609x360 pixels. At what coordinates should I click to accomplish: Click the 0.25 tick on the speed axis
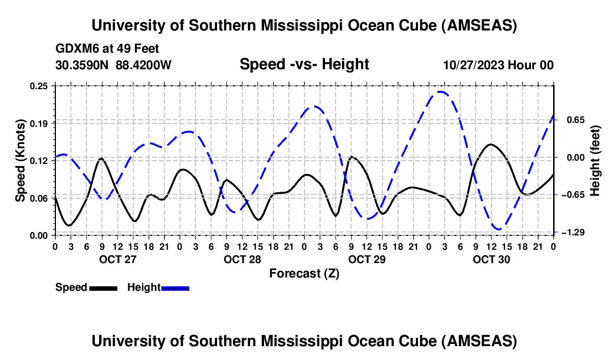(x=39, y=86)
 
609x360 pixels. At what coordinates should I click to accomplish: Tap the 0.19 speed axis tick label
(x=39, y=123)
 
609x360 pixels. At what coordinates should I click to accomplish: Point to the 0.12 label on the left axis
(x=39, y=161)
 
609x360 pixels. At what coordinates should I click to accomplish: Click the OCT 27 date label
(x=117, y=259)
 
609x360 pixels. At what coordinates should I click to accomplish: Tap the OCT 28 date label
(x=242, y=259)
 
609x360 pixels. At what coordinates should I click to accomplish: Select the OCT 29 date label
(x=367, y=259)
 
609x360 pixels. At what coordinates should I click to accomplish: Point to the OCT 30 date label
(x=492, y=259)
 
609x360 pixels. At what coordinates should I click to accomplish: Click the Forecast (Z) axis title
(x=304, y=273)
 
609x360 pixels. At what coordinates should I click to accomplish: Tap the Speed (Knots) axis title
(x=20, y=160)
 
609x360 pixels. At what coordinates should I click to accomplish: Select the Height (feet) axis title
(x=596, y=160)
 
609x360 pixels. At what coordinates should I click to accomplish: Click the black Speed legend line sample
(x=103, y=288)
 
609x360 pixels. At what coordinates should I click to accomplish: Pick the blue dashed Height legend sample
(x=176, y=288)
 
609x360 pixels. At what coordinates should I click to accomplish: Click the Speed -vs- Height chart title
(x=304, y=65)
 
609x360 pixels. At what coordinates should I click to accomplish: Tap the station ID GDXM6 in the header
(x=74, y=49)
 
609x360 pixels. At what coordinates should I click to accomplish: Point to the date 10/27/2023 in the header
(x=472, y=65)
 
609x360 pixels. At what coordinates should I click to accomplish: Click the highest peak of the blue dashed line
(x=441, y=92)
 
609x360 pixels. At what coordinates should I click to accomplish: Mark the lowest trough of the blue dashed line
(x=499, y=229)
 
